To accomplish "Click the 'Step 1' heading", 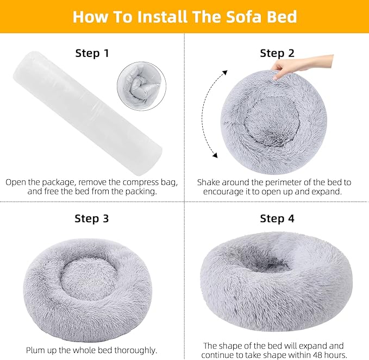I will [92, 53].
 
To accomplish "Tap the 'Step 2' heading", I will [277, 53].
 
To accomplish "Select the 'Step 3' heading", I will [92, 219].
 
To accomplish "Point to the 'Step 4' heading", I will [277, 219].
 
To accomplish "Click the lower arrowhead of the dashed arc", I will [215, 156].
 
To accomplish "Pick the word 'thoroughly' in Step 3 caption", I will [133, 350].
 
